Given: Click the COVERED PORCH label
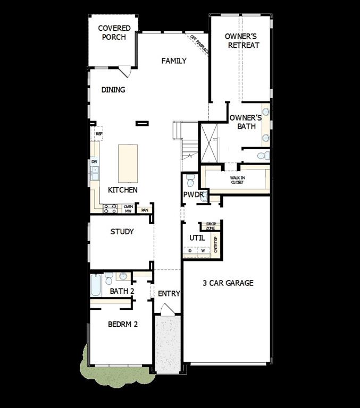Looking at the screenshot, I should click(114, 32).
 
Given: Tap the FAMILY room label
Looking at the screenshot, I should click(174, 61).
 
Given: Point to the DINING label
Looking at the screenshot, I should click(113, 90).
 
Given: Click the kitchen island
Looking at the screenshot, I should click(128, 164).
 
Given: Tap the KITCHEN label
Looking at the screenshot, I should click(123, 190).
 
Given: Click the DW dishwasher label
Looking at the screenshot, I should click(94, 161).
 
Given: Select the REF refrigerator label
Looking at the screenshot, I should click(99, 134).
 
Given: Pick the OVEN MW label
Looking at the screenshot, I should click(128, 209).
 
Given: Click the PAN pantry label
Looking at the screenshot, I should click(145, 210).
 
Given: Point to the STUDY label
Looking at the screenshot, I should click(122, 232).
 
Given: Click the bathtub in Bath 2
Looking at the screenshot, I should click(96, 285).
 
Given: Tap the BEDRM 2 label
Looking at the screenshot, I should click(123, 324).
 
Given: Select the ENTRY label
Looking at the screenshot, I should click(169, 293).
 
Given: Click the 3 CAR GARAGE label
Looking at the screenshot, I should click(228, 283).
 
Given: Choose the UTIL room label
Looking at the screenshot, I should click(197, 238).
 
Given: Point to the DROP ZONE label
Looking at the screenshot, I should click(211, 226).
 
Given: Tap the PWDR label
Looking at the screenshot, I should click(194, 195).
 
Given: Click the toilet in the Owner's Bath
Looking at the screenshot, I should click(264, 156).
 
